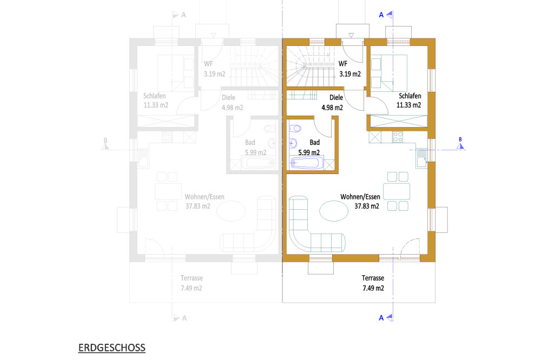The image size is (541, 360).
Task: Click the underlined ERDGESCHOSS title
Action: (x=112, y=348)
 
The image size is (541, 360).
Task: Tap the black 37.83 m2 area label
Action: (x=367, y=206)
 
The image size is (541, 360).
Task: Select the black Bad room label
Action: (x=315, y=142)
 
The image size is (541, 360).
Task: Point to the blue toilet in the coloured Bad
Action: (x=295, y=129)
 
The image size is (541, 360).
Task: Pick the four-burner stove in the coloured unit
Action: (x=398, y=137)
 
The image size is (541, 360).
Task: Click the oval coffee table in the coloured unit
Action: (x=334, y=210)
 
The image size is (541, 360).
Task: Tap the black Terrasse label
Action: (x=373, y=278)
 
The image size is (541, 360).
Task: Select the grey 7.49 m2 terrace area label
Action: (x=191, y=288)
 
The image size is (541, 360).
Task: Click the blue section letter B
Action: (x=460, y=139)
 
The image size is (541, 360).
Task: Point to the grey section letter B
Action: (x=105, y=141)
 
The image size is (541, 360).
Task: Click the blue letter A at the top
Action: (x=381, y=15)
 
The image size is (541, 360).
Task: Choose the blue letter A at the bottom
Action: (x=381, y=318)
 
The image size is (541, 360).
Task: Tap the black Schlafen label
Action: (x=410, y=96)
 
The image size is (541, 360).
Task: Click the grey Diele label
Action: (x=228, y=98)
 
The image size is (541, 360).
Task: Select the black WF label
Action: (x=343, y=64)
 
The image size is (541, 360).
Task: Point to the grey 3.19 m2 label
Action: (x=215, y=74)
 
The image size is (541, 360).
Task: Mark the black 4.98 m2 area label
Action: (x=332, y=108)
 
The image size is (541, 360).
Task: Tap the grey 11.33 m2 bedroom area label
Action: (x=156, y=105)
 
